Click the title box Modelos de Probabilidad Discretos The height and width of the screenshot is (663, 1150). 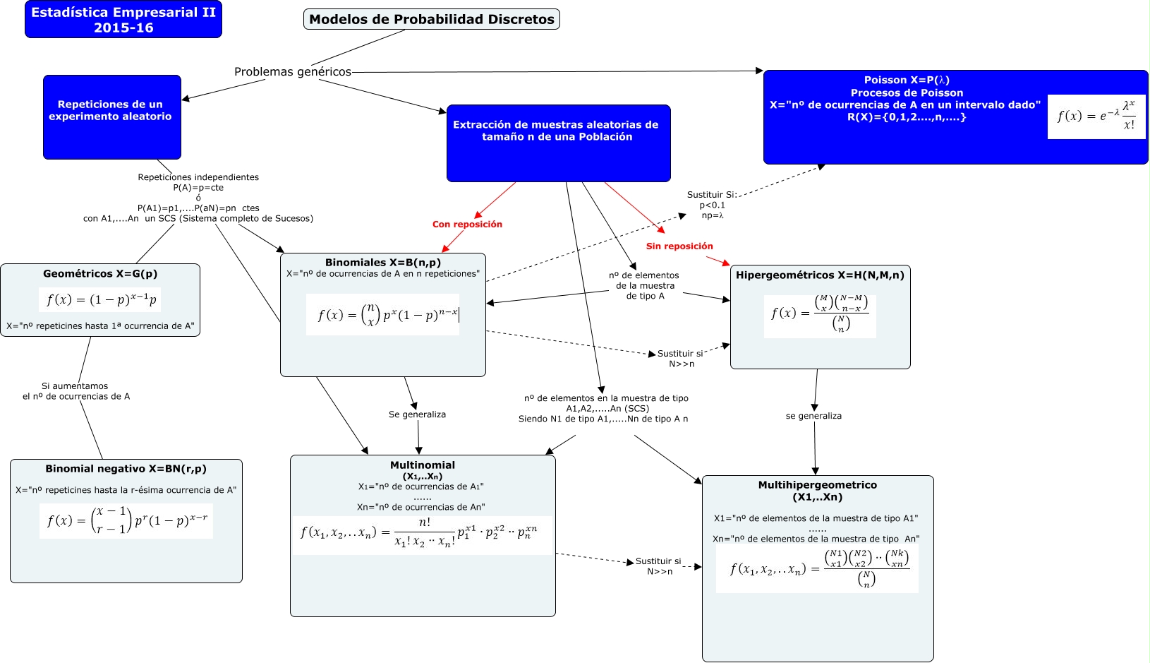coord(431,19)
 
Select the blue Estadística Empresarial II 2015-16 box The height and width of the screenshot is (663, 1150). coord(123,20)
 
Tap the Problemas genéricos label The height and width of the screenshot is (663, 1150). coord(292,71)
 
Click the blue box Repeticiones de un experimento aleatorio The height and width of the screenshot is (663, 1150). coord(111,117)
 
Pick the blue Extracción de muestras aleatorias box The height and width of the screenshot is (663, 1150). coord(557,143)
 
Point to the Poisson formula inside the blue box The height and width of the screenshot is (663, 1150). coord(1096,117)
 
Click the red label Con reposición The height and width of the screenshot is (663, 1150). coord(467,224)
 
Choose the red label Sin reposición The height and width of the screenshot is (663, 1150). coord(679,246)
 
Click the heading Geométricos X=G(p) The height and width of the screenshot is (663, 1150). coord(100,273)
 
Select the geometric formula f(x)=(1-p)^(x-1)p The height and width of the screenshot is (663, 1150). coord(101,299)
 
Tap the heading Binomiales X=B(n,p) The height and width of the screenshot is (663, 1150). coord(383,262)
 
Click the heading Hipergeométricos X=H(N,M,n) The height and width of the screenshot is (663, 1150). coord(820,275)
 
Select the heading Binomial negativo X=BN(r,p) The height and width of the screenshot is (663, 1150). coord(126,468)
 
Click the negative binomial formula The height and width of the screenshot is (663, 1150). coord(126,521)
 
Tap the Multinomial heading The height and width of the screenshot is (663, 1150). coord(422,465)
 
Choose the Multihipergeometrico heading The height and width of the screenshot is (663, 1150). coord(817,490)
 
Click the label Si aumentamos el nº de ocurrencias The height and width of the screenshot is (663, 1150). coord(75,391)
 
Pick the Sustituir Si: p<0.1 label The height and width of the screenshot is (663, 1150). coord(712,205)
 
